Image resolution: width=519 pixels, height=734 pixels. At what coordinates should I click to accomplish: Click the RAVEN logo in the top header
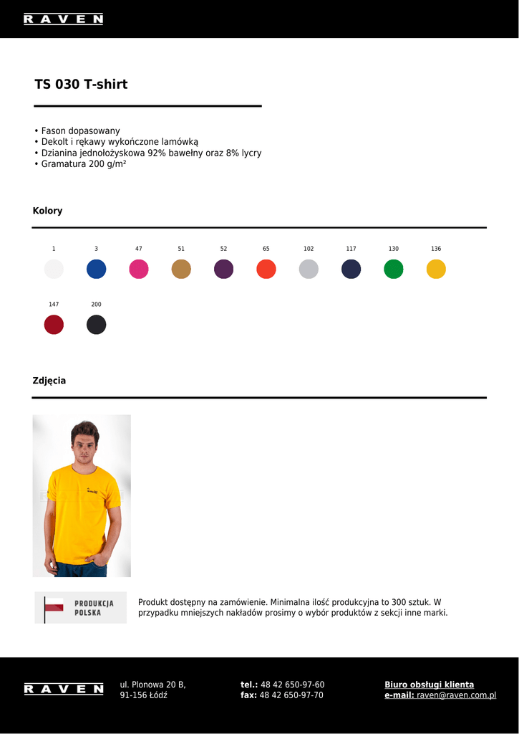coord(63,19)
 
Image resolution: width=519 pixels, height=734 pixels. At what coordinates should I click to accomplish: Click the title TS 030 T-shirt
coord(81,85)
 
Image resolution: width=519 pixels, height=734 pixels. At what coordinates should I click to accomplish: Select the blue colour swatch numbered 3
coord(96,269)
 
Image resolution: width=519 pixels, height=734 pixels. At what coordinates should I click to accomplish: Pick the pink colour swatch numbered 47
coord(139,269)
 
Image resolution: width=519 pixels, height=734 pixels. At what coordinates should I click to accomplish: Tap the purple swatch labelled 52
coord(223,269)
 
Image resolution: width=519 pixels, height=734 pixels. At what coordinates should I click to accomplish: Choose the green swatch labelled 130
coord(394,269)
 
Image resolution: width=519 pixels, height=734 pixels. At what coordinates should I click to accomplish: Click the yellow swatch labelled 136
coord(436,269)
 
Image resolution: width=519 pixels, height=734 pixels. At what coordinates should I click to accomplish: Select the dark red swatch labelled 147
coord(54,325)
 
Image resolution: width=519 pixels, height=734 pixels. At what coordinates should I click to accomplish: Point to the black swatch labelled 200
coord(96,325)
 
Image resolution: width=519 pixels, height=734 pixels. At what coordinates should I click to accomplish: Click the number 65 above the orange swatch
coord(266,249)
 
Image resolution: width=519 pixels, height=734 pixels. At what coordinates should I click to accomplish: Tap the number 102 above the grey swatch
coord(309,249)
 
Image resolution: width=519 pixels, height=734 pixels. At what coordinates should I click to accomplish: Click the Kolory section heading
coord(47,211)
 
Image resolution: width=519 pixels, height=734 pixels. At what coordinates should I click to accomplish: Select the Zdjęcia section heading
coord(49,381)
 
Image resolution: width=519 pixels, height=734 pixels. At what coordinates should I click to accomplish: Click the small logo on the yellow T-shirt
coord(91,491)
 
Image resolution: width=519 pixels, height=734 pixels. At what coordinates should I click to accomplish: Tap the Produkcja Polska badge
coord(81,608)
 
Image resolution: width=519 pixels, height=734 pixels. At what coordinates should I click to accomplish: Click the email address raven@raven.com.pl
coord(456,695)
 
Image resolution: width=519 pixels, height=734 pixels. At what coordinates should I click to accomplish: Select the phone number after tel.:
coord(292,685)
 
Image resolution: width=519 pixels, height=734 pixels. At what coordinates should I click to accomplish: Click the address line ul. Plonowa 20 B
coord(152,685)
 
